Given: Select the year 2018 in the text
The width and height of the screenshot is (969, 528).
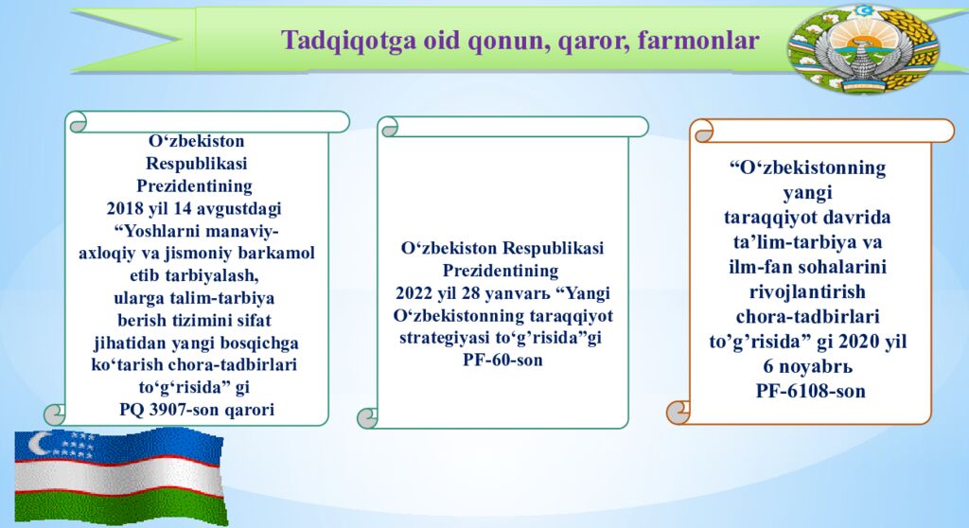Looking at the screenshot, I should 125,206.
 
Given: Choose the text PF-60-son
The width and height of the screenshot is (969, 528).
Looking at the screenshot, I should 502,360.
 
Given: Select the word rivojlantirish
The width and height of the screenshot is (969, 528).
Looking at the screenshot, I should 807,290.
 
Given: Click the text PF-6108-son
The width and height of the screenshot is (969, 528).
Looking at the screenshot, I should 810,390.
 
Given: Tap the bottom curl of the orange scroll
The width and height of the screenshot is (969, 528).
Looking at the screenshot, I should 678,412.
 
